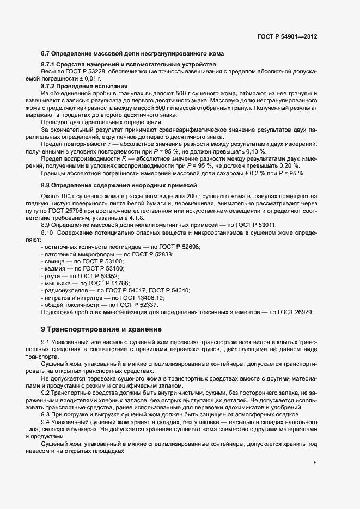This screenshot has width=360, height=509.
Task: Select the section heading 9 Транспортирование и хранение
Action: coord(98,329)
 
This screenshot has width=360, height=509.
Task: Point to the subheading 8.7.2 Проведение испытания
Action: coord(84,86)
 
